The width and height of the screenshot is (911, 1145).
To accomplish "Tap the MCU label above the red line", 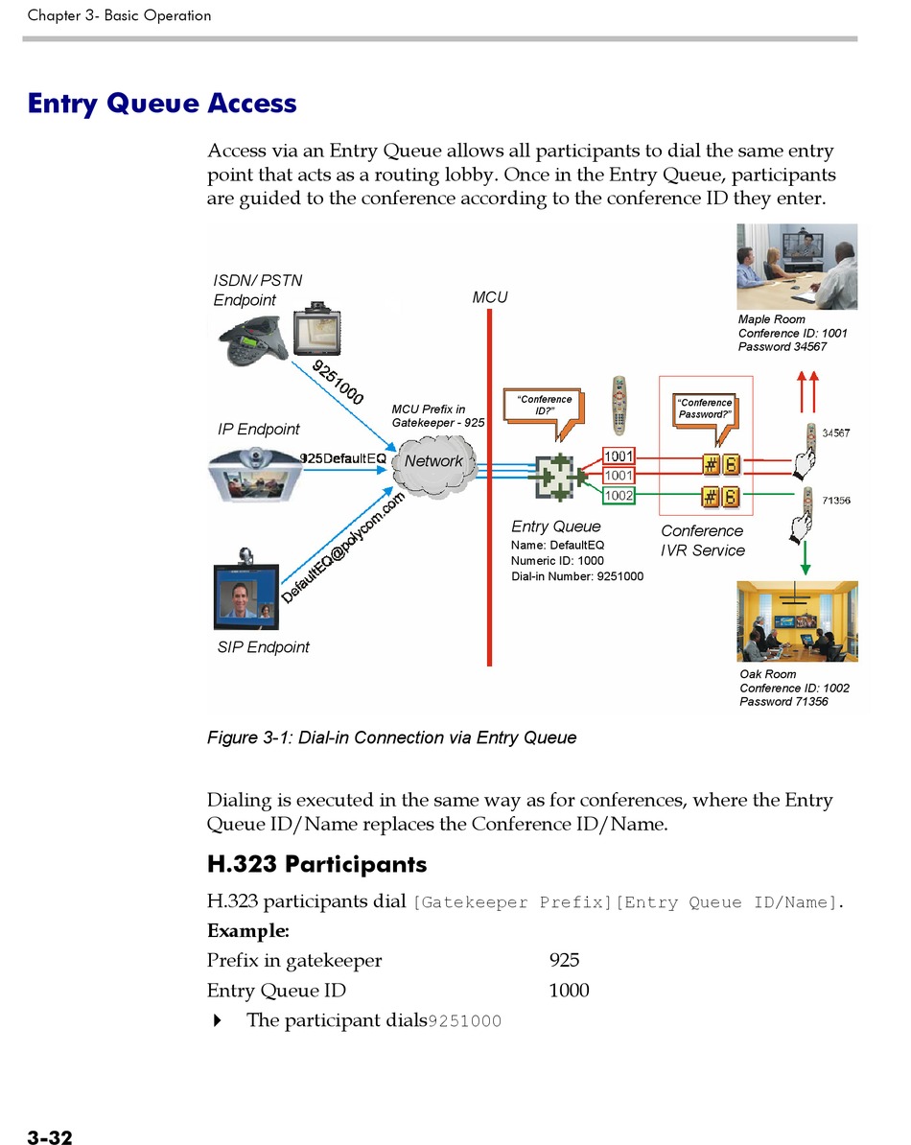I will click(489, 298).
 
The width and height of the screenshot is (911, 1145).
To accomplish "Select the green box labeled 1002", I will click(618, 496).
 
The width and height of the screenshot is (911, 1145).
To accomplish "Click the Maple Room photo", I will click(796, 267).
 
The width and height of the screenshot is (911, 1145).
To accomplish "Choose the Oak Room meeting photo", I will click(796, 620).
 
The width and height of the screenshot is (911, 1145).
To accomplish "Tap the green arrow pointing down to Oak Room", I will click(806, 557).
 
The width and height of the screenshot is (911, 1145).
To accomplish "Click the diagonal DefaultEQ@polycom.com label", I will click(343, 549).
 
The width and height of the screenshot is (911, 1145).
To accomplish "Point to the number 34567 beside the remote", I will click(836, 433).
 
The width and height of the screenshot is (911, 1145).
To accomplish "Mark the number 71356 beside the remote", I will click(836, 501).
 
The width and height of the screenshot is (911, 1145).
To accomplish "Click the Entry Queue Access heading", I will click(162, 104).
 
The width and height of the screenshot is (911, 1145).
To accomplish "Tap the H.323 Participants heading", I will click(316, 864).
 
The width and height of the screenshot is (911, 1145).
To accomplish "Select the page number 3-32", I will click(50, 1138).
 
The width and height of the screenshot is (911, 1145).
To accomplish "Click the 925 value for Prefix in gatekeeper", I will click(564, 960).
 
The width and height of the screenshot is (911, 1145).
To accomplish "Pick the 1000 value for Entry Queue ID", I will click(569, 990).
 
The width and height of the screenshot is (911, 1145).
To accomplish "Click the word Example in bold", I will click(247, 930).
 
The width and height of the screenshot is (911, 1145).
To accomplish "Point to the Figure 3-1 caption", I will click(391, 737).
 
